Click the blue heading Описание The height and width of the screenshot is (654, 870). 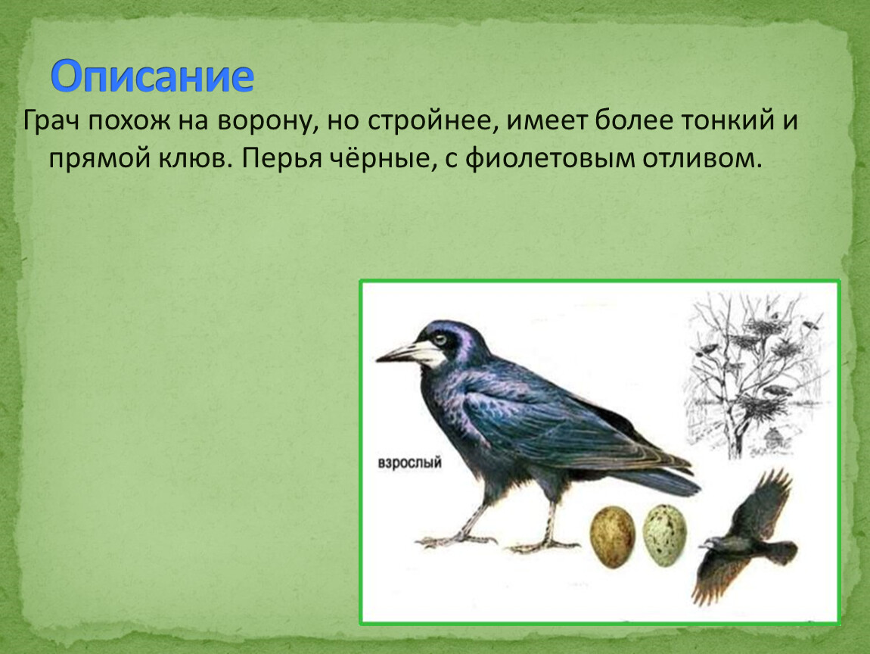pos(152,76)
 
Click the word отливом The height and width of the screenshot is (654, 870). pos(703,159)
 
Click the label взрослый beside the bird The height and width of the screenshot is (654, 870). pos(409,462)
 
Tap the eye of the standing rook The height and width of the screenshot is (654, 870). pos(440,339)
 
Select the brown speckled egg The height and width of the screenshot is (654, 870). pos(612,537)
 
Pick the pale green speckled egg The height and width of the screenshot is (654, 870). pos(665,534)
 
